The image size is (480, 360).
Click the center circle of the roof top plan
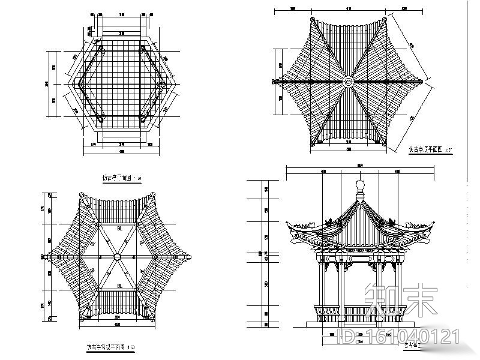pyautogui.click(x=348, y=80)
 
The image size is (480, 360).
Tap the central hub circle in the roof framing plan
pyautogui.click(x=118, y=257)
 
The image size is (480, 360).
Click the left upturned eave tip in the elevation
pyautogui.click(x=289, y=226)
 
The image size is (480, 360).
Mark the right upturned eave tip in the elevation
pyautogui.click(x=432, y=224)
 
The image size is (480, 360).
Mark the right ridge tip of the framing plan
pyautogui.click(x=191, y=257)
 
